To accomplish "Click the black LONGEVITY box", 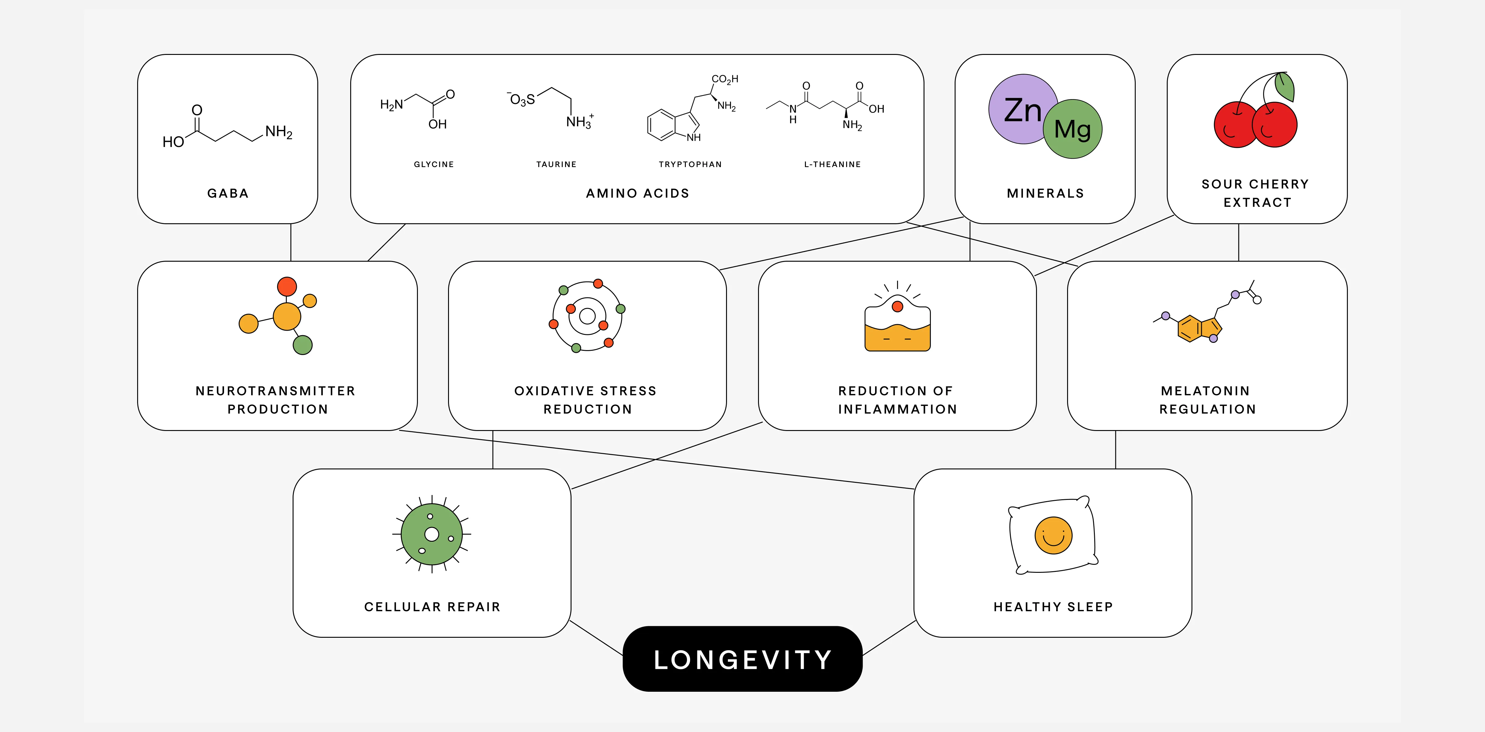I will pos(742,659).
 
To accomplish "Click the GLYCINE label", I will pos(433,164).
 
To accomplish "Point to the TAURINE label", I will pos(556,164).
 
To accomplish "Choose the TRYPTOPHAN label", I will pos(690,164).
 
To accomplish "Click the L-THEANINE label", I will pos(832,164).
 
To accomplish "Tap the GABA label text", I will pos(228,193).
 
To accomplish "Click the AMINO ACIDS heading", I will pos(638,193).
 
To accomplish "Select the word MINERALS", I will pos(1045,193).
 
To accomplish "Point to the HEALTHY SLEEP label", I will pos(1053,607).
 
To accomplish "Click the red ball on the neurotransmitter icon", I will pos(287,286).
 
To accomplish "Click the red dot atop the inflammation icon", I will pos(897,306).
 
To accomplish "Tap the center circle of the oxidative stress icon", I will pos(587,316).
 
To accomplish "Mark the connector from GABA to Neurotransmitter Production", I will pos(290,242).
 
